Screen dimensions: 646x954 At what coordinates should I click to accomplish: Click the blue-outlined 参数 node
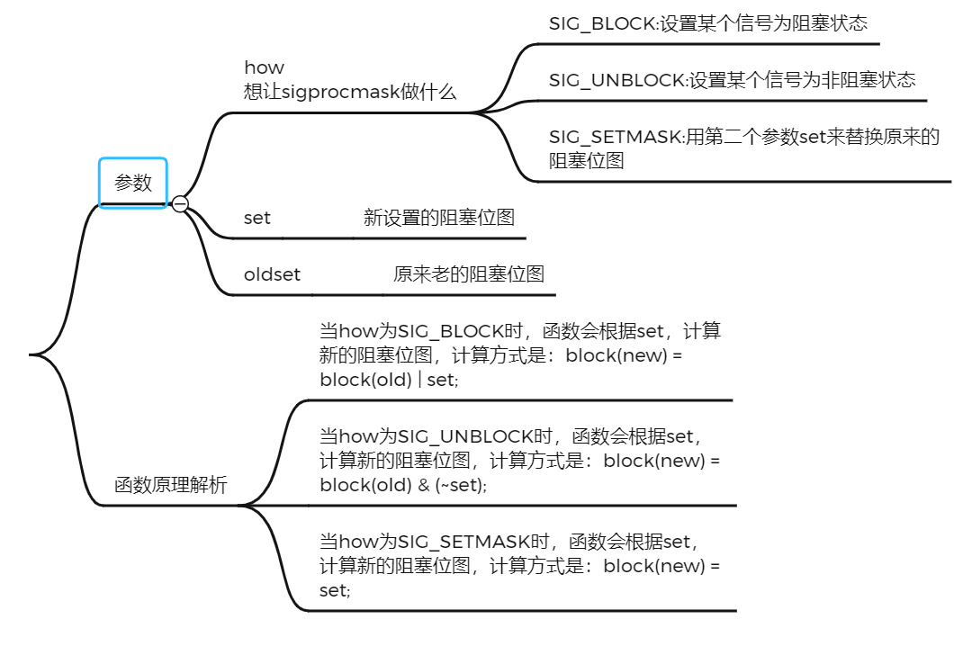click(x=133, y=183)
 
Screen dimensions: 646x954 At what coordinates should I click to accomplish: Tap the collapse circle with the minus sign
click(x=180, y=204)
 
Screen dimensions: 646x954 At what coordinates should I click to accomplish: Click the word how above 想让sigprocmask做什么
click(x=264, y=67)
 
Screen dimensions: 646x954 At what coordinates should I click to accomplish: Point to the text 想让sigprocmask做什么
click(x=350, y=92)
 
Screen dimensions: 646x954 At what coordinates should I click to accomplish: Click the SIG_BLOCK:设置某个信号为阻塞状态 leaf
click(x=708, y=24)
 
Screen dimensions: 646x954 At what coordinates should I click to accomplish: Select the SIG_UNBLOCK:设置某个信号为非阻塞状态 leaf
click(x=732, y=80)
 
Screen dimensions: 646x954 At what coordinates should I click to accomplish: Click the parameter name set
click(x=257, y=218)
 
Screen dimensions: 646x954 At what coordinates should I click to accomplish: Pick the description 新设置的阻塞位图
click(x=439, y=218)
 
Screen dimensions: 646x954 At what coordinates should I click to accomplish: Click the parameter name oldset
click(x=272, y=274)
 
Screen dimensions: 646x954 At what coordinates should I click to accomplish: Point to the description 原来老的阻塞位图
click(x=469, y=274)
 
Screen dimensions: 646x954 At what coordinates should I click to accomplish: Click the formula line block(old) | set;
click(x=389, y=380)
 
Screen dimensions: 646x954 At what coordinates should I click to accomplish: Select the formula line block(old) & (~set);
click(x=403, y=485)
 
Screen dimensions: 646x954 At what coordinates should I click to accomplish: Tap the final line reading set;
click(x=335, y=591)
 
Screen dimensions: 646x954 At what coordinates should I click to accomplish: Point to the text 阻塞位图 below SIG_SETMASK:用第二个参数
click(x=587, y=162)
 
